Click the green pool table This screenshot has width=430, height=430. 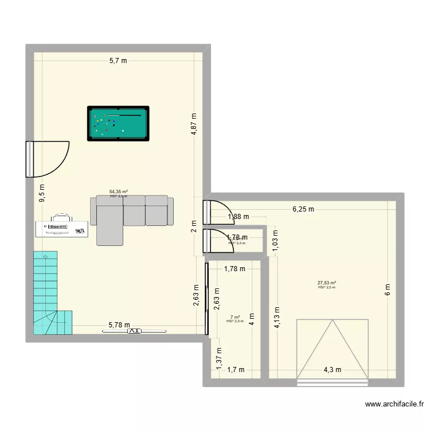pyautogui.click(x=118, y=123)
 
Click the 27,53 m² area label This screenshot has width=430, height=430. pyautogui.click(x=327, y=283)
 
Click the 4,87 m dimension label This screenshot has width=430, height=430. pyautogui.click(x=195, y=123)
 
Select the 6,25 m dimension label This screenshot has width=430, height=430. pyautogui.click(x=303, y=209)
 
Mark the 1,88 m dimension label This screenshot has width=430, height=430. pyautogui.click(x=238, y=217)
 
